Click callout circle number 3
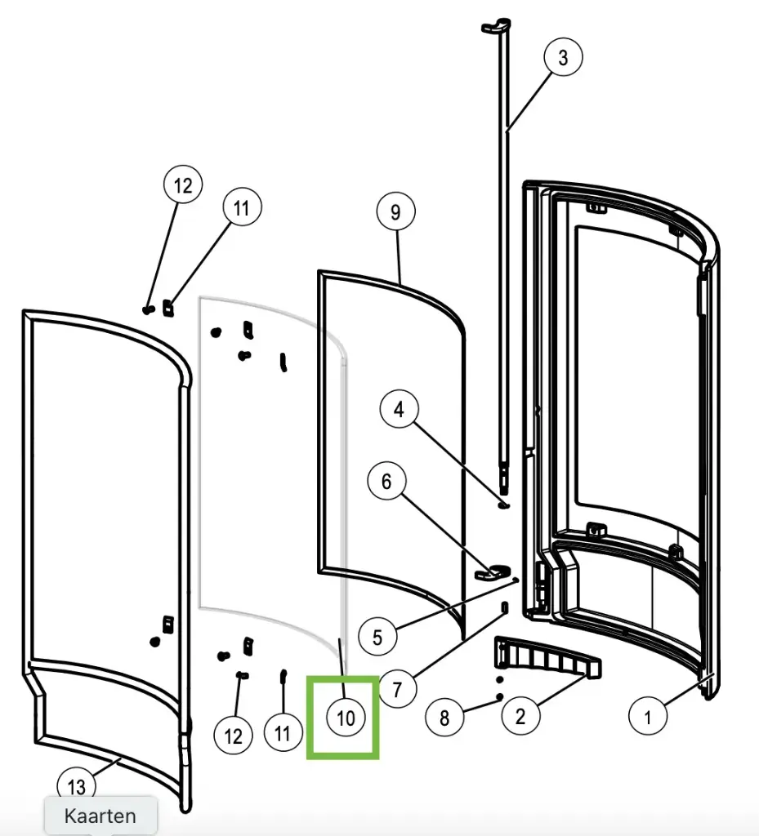[564, 58]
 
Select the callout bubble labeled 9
[395, 212]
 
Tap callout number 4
[399, 409]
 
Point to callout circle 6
[386, 482]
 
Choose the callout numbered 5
[377, 636]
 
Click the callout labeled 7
[397, 690]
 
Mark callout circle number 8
[444, 718]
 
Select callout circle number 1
[648, 718]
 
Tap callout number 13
[76, 787]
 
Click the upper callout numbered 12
[183, 185]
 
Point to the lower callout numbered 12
[234, 736]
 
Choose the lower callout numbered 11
[283, 733]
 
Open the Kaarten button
[100, 815]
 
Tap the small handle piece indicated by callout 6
[493, 571]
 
